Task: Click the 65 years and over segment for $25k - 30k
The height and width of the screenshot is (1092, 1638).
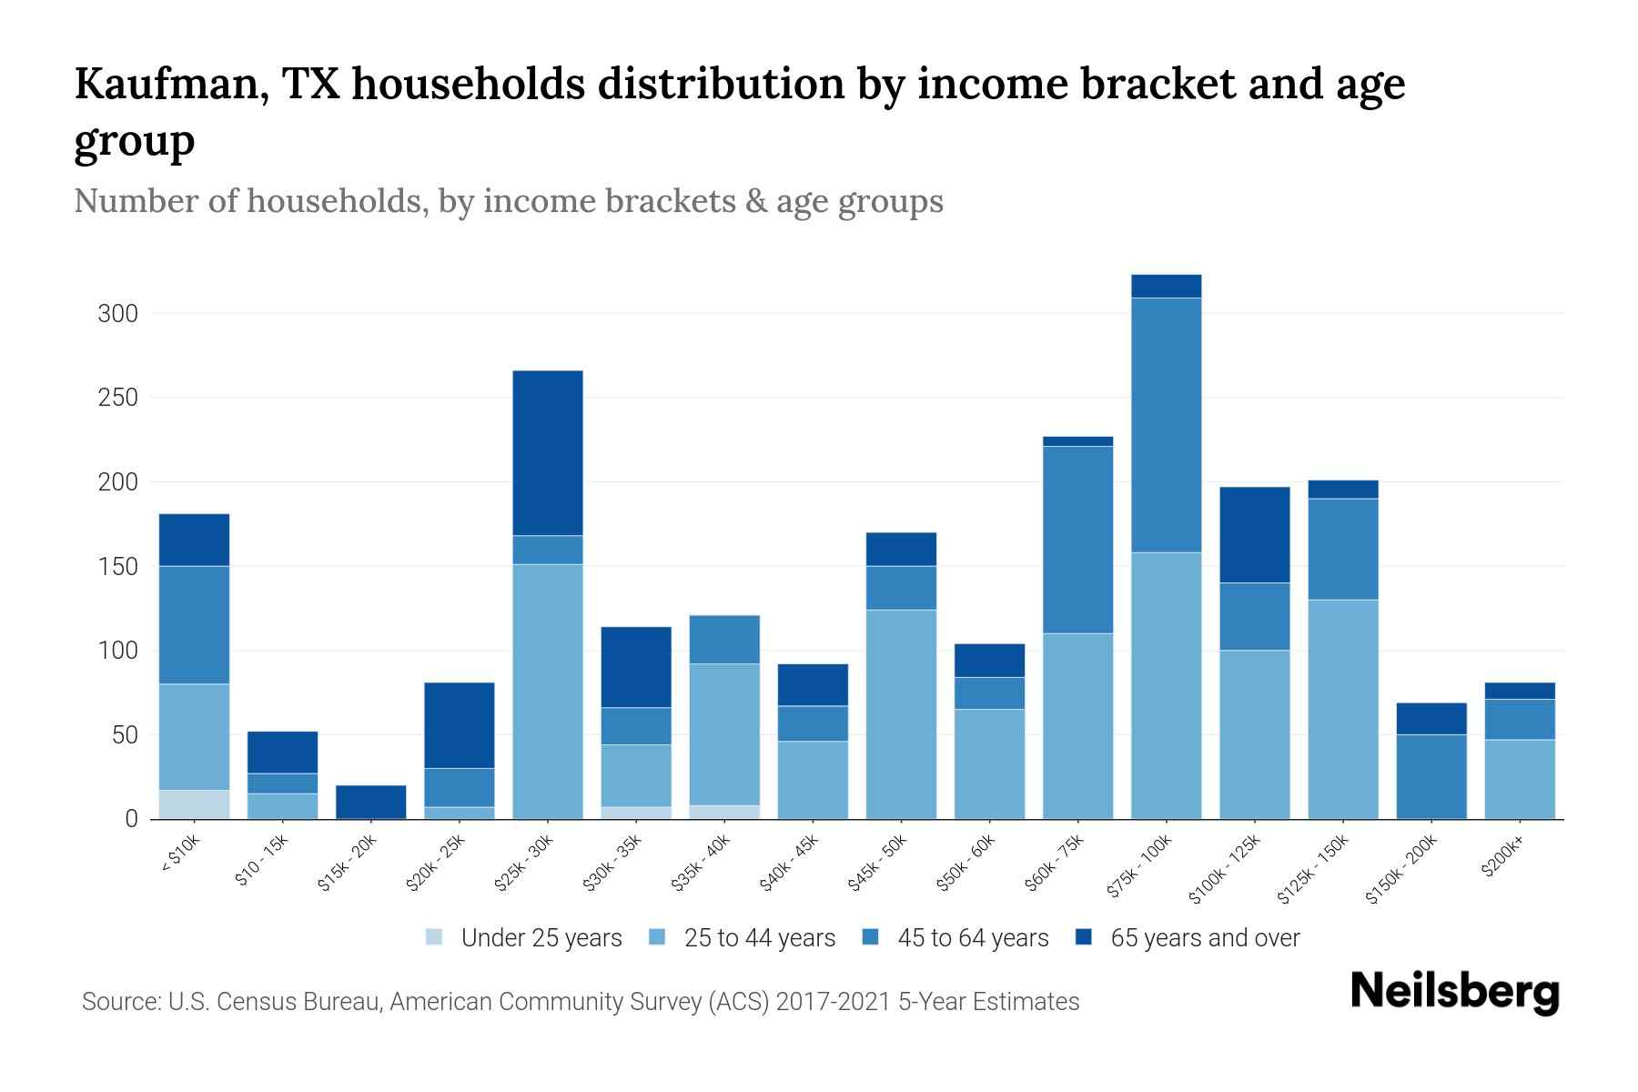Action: (x=548, y=453)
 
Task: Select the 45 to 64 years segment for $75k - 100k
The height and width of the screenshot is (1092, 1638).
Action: (x=1166, y=425)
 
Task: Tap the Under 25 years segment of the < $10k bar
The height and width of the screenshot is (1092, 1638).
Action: (x=194, y=804)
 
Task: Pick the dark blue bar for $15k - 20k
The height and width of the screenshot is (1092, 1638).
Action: (x=371, y=802)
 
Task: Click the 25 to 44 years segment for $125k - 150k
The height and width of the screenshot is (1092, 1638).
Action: (x=1342, y=709)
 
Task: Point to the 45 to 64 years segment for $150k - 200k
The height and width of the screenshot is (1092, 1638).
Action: (x=1431, y=776)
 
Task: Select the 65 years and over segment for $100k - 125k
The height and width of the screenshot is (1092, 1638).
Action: (x=1254, y=535)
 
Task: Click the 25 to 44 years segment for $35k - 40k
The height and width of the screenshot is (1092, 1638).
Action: (x=725, y=734)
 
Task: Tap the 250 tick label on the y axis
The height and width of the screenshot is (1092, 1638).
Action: (x=117, y=398)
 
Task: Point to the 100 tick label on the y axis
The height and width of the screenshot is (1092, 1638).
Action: (x=117, y=651)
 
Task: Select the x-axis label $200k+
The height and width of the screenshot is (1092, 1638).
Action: (x=1502, y=859)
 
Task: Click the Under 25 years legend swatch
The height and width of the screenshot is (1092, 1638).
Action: (x=434, y=937)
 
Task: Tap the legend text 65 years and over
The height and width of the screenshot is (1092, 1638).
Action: (x=1205, y=938)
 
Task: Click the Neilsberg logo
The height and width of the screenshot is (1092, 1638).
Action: (x=1454, y=991)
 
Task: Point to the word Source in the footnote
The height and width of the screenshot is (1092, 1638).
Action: (x=119, y=1002)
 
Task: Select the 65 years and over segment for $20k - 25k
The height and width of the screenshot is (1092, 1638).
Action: (x=460, y=725)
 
